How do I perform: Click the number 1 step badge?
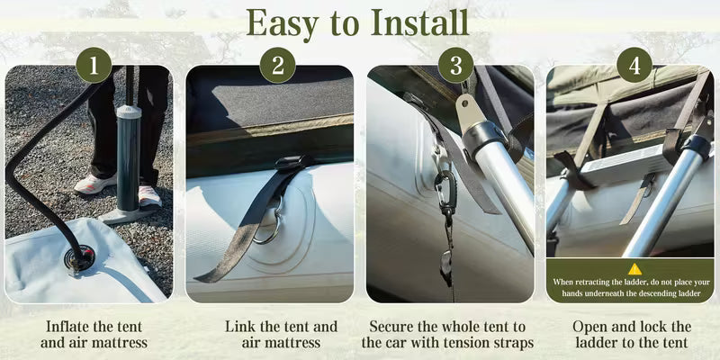click(x=94, y=65)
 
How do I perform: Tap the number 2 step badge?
click(x=277, y=65)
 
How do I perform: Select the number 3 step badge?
click(x=455, y=65)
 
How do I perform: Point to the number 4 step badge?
click(x=634, y=65)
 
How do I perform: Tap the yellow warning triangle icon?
click(x=634, y=269)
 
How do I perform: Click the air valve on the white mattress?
click(x=79, y=257)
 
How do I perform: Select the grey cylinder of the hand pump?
click(x=128, y=157)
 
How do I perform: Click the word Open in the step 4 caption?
click(x=589, y=328)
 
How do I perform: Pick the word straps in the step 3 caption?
click(x=514, y=344)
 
